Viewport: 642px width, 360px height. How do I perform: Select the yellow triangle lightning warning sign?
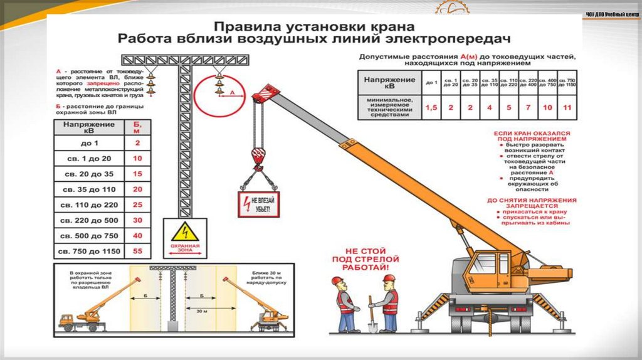(184, 232)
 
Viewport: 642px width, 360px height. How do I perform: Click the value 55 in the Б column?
(138, 251)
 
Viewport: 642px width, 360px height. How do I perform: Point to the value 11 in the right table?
(567, 107)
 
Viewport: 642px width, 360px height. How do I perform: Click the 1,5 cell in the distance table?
(431, 107)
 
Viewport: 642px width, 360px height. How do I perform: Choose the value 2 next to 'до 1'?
(138, 142)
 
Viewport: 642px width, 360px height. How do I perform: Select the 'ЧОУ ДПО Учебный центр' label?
(612, 15)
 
